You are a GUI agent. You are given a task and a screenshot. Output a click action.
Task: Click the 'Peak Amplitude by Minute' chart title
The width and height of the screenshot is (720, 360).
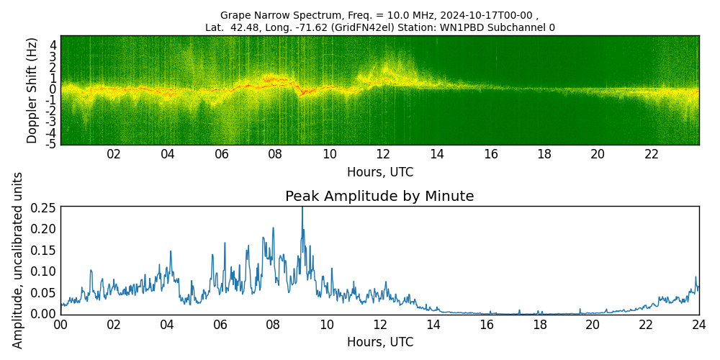379,197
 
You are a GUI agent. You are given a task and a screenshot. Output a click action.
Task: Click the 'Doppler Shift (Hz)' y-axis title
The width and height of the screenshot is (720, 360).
32,90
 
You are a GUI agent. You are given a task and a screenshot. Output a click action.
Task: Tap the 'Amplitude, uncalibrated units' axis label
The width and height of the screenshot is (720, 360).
18,260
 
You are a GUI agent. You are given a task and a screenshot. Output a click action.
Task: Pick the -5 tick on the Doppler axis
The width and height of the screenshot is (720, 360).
51,144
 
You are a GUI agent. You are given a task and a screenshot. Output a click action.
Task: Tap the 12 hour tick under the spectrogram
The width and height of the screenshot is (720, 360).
383,154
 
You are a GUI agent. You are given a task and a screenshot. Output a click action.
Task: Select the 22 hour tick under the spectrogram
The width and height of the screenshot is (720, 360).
652,154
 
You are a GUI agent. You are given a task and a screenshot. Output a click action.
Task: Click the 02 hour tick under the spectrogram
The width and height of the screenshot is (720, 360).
114,154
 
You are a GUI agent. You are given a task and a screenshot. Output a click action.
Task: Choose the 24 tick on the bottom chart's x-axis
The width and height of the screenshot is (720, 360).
699,324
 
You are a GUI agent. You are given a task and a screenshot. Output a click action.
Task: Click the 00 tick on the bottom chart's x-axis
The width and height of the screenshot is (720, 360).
60,324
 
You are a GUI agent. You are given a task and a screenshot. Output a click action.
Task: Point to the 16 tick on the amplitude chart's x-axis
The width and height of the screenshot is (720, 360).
487,324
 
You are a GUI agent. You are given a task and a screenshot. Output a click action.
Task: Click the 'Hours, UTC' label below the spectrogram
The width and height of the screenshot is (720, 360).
379,172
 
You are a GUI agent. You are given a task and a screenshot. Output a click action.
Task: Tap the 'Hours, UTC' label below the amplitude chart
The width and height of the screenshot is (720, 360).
379,342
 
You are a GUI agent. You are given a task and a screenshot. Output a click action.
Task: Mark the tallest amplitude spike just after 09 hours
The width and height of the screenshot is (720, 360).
302,209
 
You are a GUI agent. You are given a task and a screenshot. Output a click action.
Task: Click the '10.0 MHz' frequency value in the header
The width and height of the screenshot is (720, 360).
347,15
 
